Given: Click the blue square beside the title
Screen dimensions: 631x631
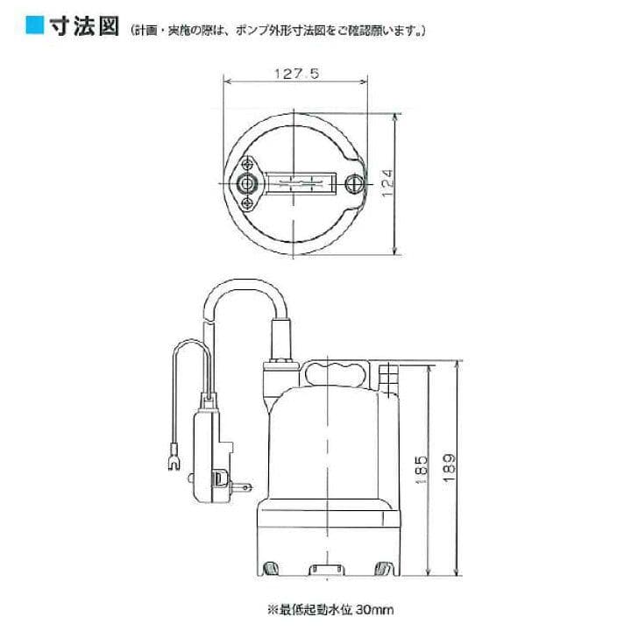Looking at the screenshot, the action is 34,25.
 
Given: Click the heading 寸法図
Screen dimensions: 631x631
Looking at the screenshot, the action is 84,26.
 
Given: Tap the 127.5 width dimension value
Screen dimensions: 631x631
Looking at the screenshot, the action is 296,74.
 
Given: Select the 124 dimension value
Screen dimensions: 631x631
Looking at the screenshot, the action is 386,183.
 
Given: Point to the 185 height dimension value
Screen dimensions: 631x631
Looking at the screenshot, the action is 421,470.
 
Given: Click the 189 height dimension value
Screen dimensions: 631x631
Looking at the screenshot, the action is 450,468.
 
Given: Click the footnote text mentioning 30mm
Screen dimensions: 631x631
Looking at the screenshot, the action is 330,610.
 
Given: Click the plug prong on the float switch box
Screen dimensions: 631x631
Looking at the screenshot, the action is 242,487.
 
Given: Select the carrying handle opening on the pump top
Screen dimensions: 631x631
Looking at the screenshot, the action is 335,373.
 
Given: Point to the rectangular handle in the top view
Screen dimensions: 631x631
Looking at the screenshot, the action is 301,183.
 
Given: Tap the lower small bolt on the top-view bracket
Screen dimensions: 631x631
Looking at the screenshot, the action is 246,204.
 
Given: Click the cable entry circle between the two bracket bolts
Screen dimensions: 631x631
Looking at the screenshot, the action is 245,183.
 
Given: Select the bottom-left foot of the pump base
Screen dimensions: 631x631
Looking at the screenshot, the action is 271,569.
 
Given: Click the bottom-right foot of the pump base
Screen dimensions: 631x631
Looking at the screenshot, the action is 382,569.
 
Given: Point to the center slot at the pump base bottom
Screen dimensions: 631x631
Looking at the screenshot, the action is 327,570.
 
